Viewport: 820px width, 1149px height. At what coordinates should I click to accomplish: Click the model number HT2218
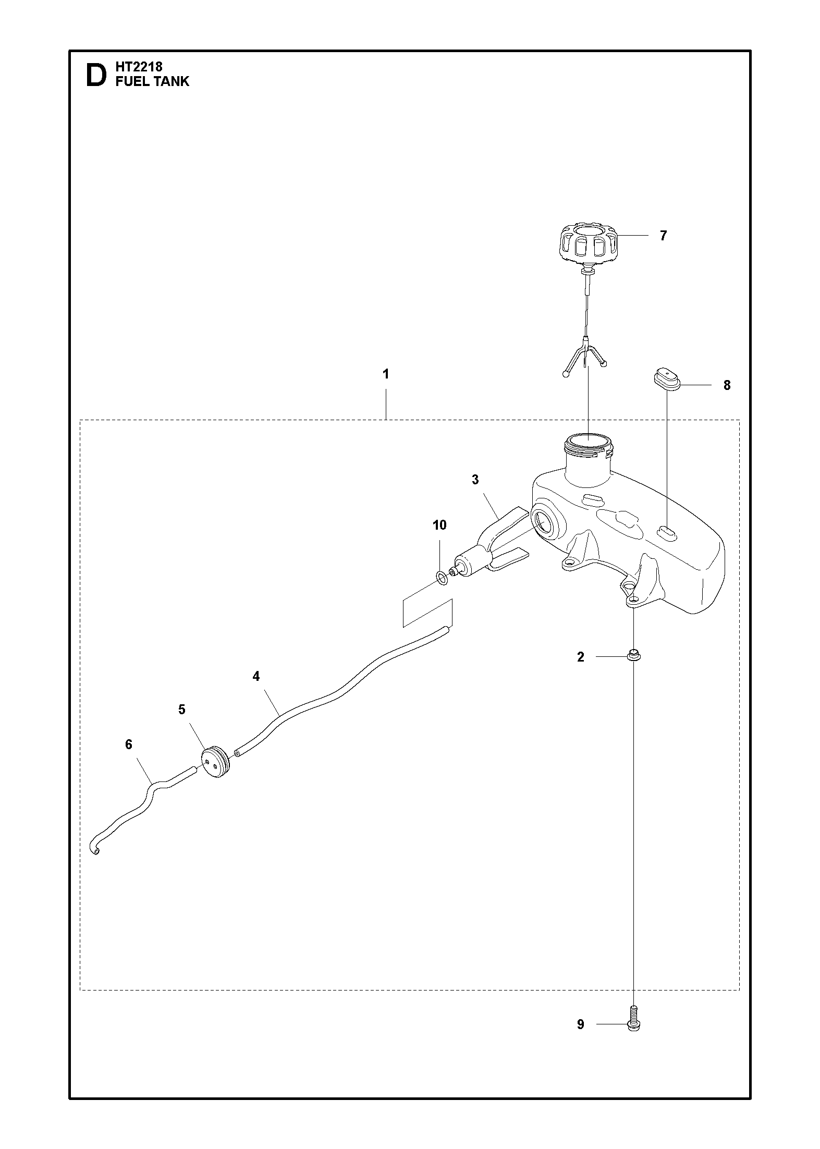click(x=139, y=67)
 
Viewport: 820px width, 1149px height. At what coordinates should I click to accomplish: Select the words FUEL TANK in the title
click(x=152, y=81)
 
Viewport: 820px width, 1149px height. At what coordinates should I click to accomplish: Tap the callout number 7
click(x=663, y=236)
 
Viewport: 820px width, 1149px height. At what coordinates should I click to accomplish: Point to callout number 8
click(x=727, y=385)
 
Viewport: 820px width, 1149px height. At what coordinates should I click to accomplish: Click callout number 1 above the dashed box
click(x=385, y=374)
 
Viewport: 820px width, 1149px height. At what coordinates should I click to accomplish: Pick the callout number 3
click(x=475, y=480)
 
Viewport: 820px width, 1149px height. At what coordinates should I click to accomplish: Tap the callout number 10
click(x=439, y=524)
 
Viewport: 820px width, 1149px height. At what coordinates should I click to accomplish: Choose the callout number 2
click(x=581, y=657)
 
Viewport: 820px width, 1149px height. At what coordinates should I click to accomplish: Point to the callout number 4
click(x=255, y=676)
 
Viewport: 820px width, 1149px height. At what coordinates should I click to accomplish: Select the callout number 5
click(x=181, y=710)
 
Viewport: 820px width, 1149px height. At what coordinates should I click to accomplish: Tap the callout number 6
click(x=129, y=744)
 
